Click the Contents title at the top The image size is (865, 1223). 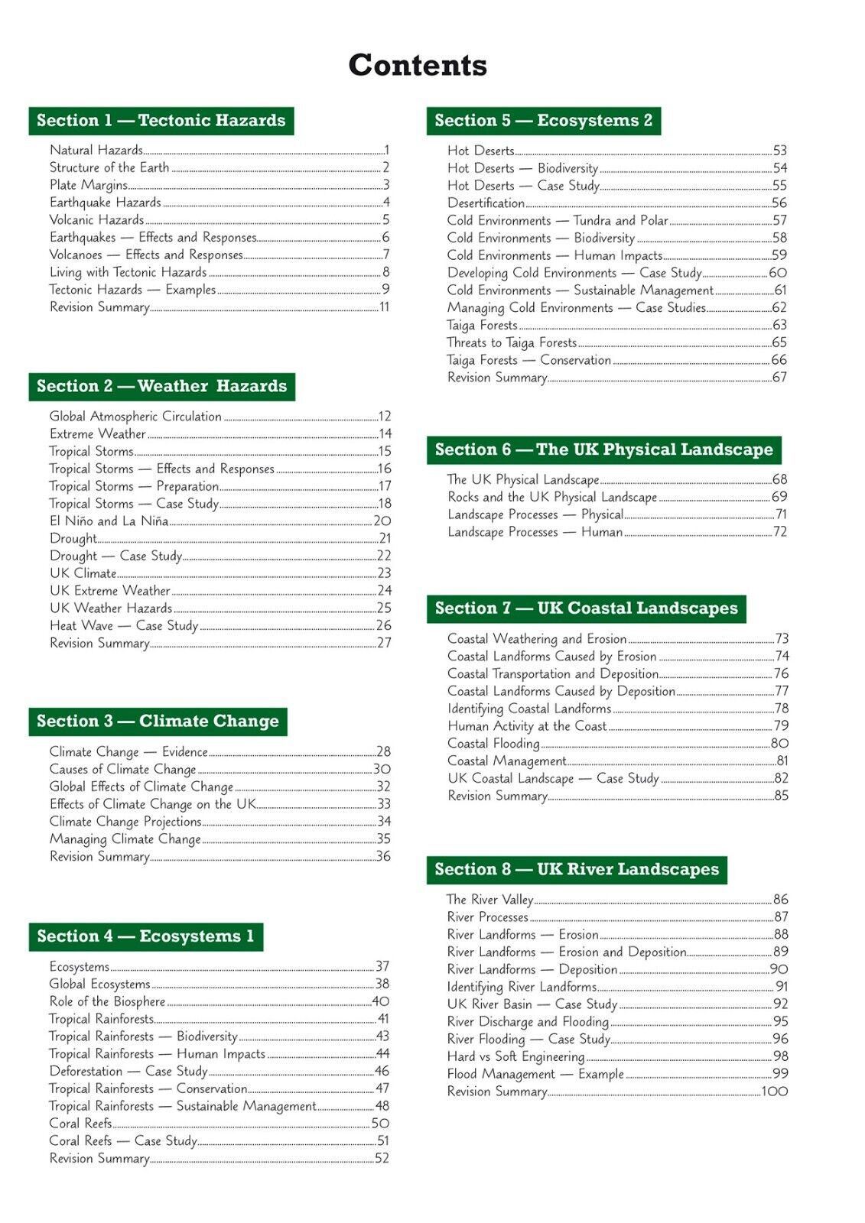click(x=418, y=66)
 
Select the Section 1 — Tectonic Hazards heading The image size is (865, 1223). click(x=161, y=121)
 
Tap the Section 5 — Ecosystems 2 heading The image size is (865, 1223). click(x=543, y=121)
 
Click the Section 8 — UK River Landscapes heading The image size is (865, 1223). click(x=577, y=870)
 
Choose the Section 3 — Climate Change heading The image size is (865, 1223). click(x=158, y=722)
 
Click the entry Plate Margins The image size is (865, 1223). click(x=89, y=185)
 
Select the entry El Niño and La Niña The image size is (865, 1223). click(x=109, y=521)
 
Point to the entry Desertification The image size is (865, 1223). click(x=486, y=203)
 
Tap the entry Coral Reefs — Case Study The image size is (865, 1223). click(x=123, y=1141)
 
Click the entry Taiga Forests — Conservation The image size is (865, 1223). click(x=529, y=360)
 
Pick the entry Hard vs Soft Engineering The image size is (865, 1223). click(x=515, y=1056)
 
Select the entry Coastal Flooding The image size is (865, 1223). click(x=493, y=744)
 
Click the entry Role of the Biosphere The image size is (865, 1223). click(x=107, y=1001)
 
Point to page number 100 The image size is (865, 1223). click(x=774, y=1092)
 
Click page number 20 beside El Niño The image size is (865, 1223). click(x=382, y=521)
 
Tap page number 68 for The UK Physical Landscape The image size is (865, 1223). click(x=779, y=480)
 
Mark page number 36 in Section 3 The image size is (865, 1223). click(x=383, y=857)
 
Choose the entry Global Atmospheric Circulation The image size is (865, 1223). click(x=135, y=417)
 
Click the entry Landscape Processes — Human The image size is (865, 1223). click(x=535, y=532)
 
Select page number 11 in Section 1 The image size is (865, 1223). click(x=385, y=307)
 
